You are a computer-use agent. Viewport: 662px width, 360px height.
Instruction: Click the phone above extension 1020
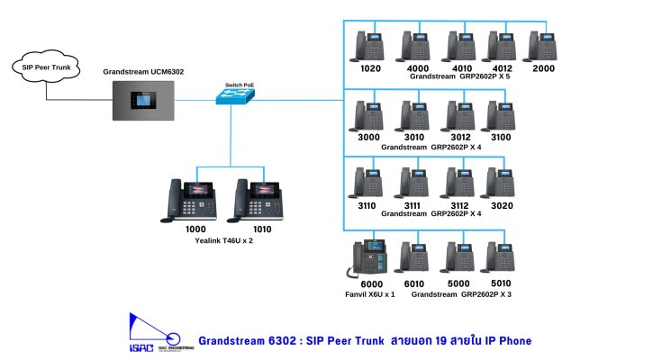370,46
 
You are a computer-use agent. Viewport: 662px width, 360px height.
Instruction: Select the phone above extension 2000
544,46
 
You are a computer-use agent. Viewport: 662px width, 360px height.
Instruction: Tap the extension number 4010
462,68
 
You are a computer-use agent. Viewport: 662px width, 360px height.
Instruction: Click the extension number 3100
500,137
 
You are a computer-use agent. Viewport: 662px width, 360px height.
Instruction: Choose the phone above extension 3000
370,115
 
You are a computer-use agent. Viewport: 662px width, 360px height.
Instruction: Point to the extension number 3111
413,205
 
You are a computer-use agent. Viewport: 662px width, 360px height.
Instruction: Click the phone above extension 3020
501,183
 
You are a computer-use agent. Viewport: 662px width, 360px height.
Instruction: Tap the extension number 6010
413,284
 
